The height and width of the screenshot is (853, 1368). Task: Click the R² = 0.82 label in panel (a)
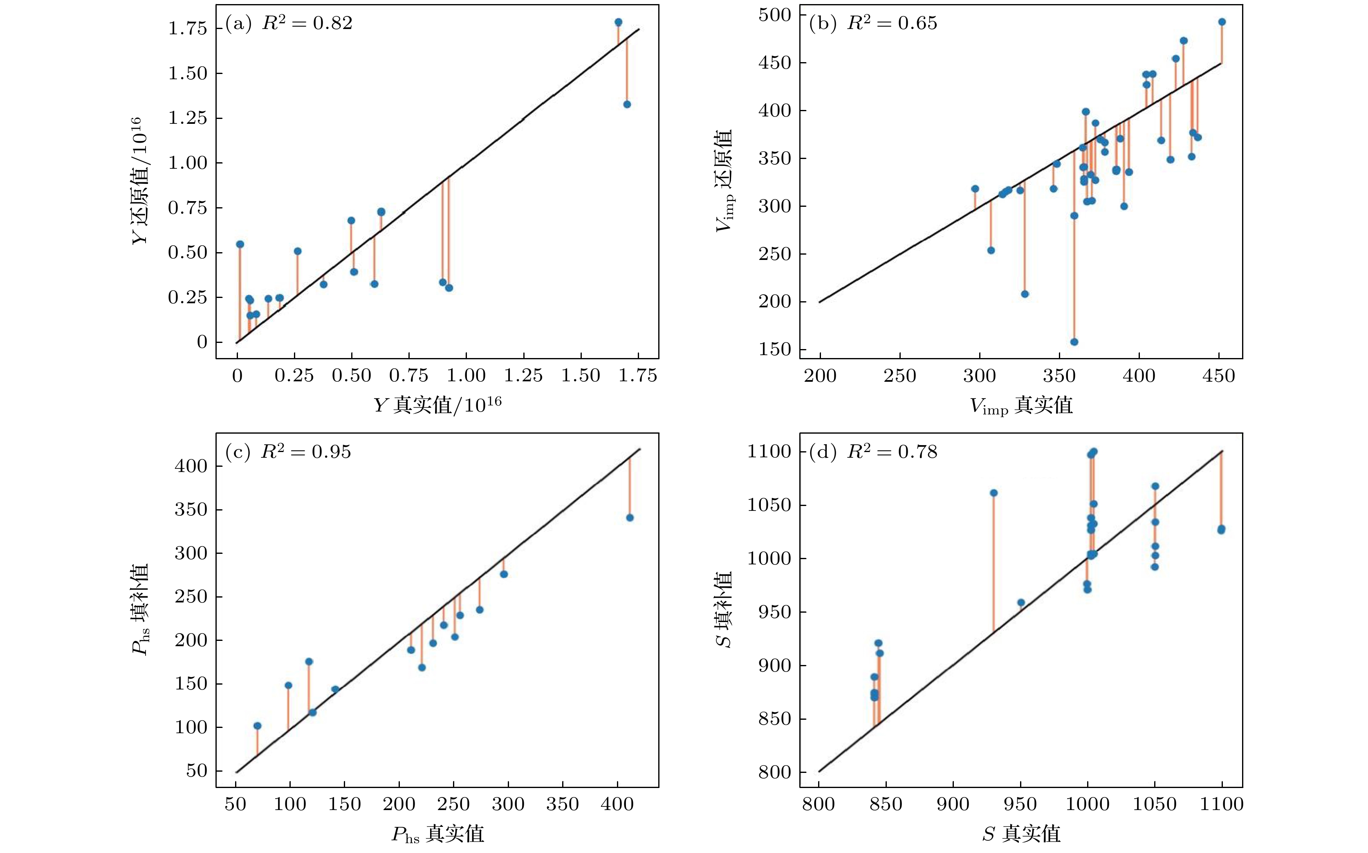click(x=307, y=23)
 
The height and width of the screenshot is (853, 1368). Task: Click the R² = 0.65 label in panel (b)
click(x=892, y=23)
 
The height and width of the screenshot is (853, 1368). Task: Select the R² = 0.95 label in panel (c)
click(x=305, y=452)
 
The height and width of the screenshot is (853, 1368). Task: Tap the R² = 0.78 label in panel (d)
click(x=892, y=452)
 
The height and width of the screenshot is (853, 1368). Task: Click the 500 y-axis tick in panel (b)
click(x=775, y=15)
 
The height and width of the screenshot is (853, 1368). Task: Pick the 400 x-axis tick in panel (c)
click(x=617, y=804)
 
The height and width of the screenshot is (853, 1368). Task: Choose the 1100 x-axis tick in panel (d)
click(x=1221, y=804)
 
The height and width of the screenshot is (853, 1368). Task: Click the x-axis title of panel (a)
click(x=437, y=405)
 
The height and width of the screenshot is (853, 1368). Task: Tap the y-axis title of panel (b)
click(x=724, y=181)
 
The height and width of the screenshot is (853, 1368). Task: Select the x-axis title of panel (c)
click(x=437, y=834)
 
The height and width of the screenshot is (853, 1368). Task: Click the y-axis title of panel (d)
click(x=724, y=609)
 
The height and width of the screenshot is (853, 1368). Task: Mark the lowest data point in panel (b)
click(x=1074, y=342)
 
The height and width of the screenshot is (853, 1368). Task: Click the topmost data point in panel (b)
click(x=1222, y=22)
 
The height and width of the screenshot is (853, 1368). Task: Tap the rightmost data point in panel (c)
click(x=630, y=518)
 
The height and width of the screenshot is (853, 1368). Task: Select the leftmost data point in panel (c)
click(x=257, y=726)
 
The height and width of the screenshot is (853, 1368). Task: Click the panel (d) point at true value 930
click(x=994, y=493)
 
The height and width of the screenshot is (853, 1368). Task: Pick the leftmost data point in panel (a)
click(x=240, y=244)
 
